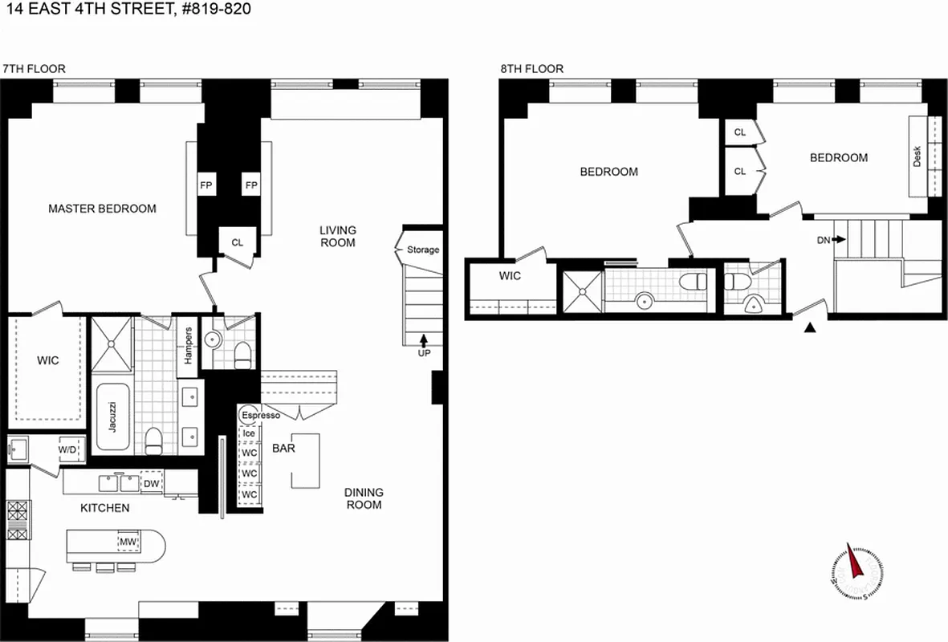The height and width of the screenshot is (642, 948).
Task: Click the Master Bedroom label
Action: click(x=102, y=209)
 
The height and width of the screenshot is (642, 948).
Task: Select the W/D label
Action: click(x=68, y=450)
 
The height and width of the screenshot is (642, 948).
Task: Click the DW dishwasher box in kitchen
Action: click(x=152, y=483)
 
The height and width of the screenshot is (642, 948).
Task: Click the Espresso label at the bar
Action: click(x=260, y=415)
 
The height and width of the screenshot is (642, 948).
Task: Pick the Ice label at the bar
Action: click(x=249, y=433)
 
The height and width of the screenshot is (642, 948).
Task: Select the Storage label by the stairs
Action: click(x=423, y=250)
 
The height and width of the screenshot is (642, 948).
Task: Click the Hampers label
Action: click(x=188, y=344)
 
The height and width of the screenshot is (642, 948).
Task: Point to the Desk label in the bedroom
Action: click(x=917, y=156)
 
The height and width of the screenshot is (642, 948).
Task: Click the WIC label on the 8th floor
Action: click(x=510, y=276)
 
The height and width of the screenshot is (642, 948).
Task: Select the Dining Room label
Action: click(x=364, y=498)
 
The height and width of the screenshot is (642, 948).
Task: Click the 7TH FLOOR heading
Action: click(x=34, y=69)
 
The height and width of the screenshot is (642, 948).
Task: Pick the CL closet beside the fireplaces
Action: click(x=238, y=242)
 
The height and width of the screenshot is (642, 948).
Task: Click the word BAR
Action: click(x=283, y=448)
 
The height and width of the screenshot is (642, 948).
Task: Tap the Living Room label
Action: click(x=338, y=236)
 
